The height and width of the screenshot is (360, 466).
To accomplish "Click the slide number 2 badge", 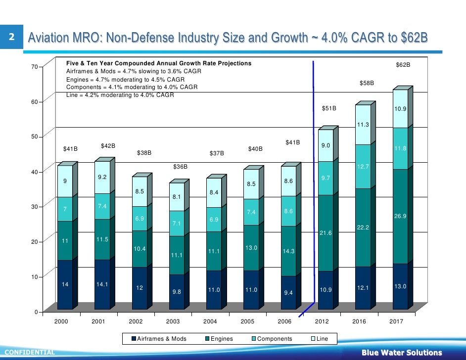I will (11, 37).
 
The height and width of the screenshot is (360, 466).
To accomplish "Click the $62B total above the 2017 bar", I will (403, 65).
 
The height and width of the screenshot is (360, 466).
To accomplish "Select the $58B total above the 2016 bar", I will (367, 84).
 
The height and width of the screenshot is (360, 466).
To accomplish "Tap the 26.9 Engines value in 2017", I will (400, 216).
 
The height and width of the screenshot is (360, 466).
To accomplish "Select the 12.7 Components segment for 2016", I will (363, 167).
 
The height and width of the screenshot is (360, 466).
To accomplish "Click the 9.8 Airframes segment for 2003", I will (177, 291).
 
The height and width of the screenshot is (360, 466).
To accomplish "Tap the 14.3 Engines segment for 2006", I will (288, 251).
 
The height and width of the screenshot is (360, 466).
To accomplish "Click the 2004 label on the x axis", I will (210, 321).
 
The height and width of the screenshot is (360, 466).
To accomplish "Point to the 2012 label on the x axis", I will (322, 321).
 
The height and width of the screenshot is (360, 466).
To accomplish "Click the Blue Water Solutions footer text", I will (401, 353).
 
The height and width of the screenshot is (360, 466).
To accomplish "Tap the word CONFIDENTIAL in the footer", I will (27, 353).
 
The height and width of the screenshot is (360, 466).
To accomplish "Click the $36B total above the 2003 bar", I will (180, 167).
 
